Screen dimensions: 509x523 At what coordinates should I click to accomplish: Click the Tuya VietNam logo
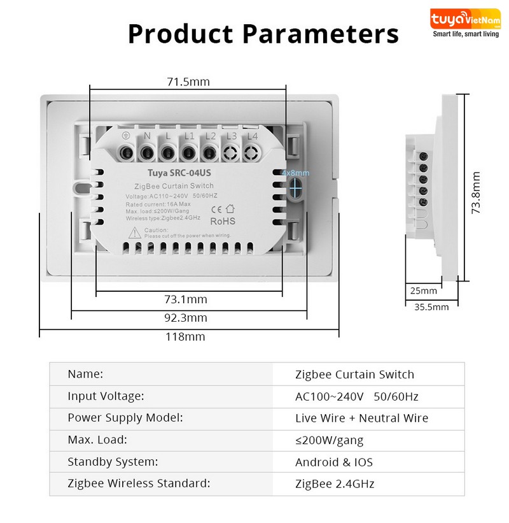[465, 23]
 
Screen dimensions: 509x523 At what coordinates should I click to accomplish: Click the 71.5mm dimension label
[188, 82]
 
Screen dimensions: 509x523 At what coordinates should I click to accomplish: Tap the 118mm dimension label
[185, 336]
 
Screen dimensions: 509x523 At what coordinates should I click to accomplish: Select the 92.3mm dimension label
[186, 317]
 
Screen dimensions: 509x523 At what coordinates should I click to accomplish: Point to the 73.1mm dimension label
[186, 299]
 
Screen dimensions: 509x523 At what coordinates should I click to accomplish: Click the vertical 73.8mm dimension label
[476, 192]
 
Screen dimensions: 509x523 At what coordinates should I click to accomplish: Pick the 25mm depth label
[423, 290]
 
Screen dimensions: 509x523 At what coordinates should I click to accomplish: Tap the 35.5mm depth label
[431, 307]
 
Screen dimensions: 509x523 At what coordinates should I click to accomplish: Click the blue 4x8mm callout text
[295, 173]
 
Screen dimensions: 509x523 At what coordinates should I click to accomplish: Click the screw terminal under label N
[147, 153]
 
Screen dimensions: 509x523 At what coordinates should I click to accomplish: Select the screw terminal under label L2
[209, 153]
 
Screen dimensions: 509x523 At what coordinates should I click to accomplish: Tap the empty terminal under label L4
[251, 153]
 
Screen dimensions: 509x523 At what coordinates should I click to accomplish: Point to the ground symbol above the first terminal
[125, 136]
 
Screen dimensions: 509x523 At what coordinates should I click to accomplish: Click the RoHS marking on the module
[223, 221]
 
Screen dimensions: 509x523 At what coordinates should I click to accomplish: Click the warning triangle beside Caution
[135, 233]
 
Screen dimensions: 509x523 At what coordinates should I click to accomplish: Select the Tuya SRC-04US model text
[179, 173]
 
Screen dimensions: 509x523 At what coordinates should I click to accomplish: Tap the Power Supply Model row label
[125, 418]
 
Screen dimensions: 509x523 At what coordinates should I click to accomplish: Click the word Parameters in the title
[321, 34]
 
